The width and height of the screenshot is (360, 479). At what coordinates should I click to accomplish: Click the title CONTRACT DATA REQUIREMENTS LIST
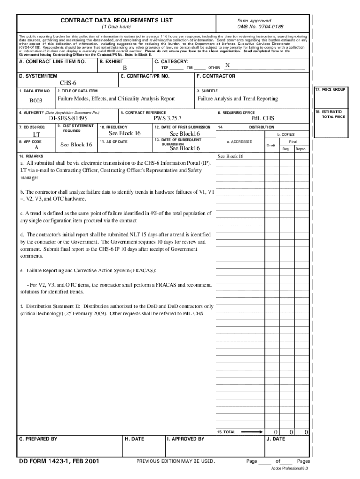click(116, 20)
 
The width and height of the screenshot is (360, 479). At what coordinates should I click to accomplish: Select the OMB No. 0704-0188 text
click(260, 27)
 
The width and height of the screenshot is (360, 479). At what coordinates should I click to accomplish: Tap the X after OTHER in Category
click(227, 66)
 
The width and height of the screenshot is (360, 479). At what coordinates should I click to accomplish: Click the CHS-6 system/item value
click(68, 83)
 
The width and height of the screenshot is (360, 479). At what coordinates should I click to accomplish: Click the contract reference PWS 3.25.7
click(167, 119)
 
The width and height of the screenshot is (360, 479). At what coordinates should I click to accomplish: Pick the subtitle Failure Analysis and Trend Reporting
click(238, 99)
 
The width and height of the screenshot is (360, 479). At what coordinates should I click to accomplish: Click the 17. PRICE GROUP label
click(330, 89)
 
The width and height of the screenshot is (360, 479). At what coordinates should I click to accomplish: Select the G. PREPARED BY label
click(38, 439)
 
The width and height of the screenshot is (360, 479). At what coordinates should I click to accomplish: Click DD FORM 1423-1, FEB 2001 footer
click(59, 461)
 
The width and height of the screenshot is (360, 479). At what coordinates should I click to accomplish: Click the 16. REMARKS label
click(31, 156)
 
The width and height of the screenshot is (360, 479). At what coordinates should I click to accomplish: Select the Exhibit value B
click(125, 68)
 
